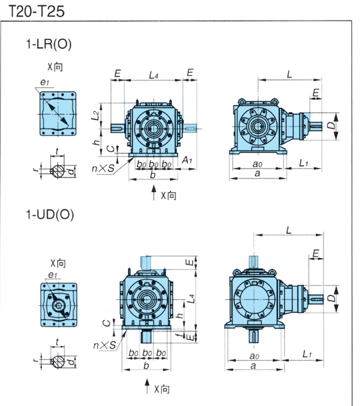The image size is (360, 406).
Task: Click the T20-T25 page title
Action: (x=37, y=11)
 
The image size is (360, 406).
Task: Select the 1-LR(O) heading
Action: (x=49, y=44)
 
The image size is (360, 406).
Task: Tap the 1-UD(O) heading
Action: (x=50, y=215)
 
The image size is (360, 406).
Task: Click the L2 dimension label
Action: (x=95, y=115)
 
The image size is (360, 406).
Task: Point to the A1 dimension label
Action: (x=187, y=160)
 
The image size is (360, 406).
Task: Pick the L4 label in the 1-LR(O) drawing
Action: (x=153, y=75)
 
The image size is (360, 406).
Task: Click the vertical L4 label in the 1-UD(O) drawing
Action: (x=191, y=299)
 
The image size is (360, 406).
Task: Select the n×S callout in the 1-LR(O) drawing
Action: (x=103, y=169)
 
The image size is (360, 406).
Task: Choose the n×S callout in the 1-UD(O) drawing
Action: (x=105, y=345)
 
